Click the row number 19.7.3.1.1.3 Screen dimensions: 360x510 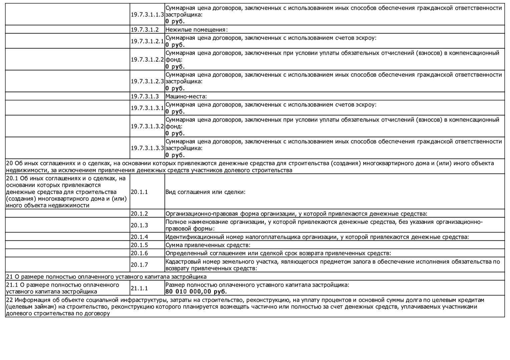pyautogui.click(x=147, y=15)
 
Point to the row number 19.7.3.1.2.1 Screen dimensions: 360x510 pyautogui.click(x=147, y=41)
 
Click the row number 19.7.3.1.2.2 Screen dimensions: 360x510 pyautogui.click(x=147, y=60)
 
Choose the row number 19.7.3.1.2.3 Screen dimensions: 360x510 pyautogui.click(x=147, y=81)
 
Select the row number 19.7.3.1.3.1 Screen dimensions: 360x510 pyautogui.click(x=147, y=108)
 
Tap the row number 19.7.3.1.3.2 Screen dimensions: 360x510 pyautogui.click(x=147, y=126)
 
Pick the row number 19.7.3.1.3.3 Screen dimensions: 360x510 pyautogui.click(x=147, y=148)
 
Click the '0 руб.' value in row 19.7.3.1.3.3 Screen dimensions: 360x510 pyautogui.click(x=175, y=155)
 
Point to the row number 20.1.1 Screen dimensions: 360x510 pyautogui.click(x=139, y=192)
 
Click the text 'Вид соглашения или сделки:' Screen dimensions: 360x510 pyautogui.click(x=205, y=192)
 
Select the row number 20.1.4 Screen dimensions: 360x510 pyautogui.click(x=139, y=237)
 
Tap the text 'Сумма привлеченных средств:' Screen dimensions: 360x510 pyautogui.click(x=208, y=245)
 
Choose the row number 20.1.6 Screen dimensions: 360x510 pyautogui.click(x=139, y=253)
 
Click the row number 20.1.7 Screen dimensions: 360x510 pyautogui.click(x=139, y=265)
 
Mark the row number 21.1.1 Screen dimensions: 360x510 pyautogui.click(x=139, y=288)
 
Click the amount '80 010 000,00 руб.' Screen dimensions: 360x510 pyautogui.click(x=196, y=292)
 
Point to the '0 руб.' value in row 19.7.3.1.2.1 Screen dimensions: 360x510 pyautogui.click(x=175, y=45)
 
